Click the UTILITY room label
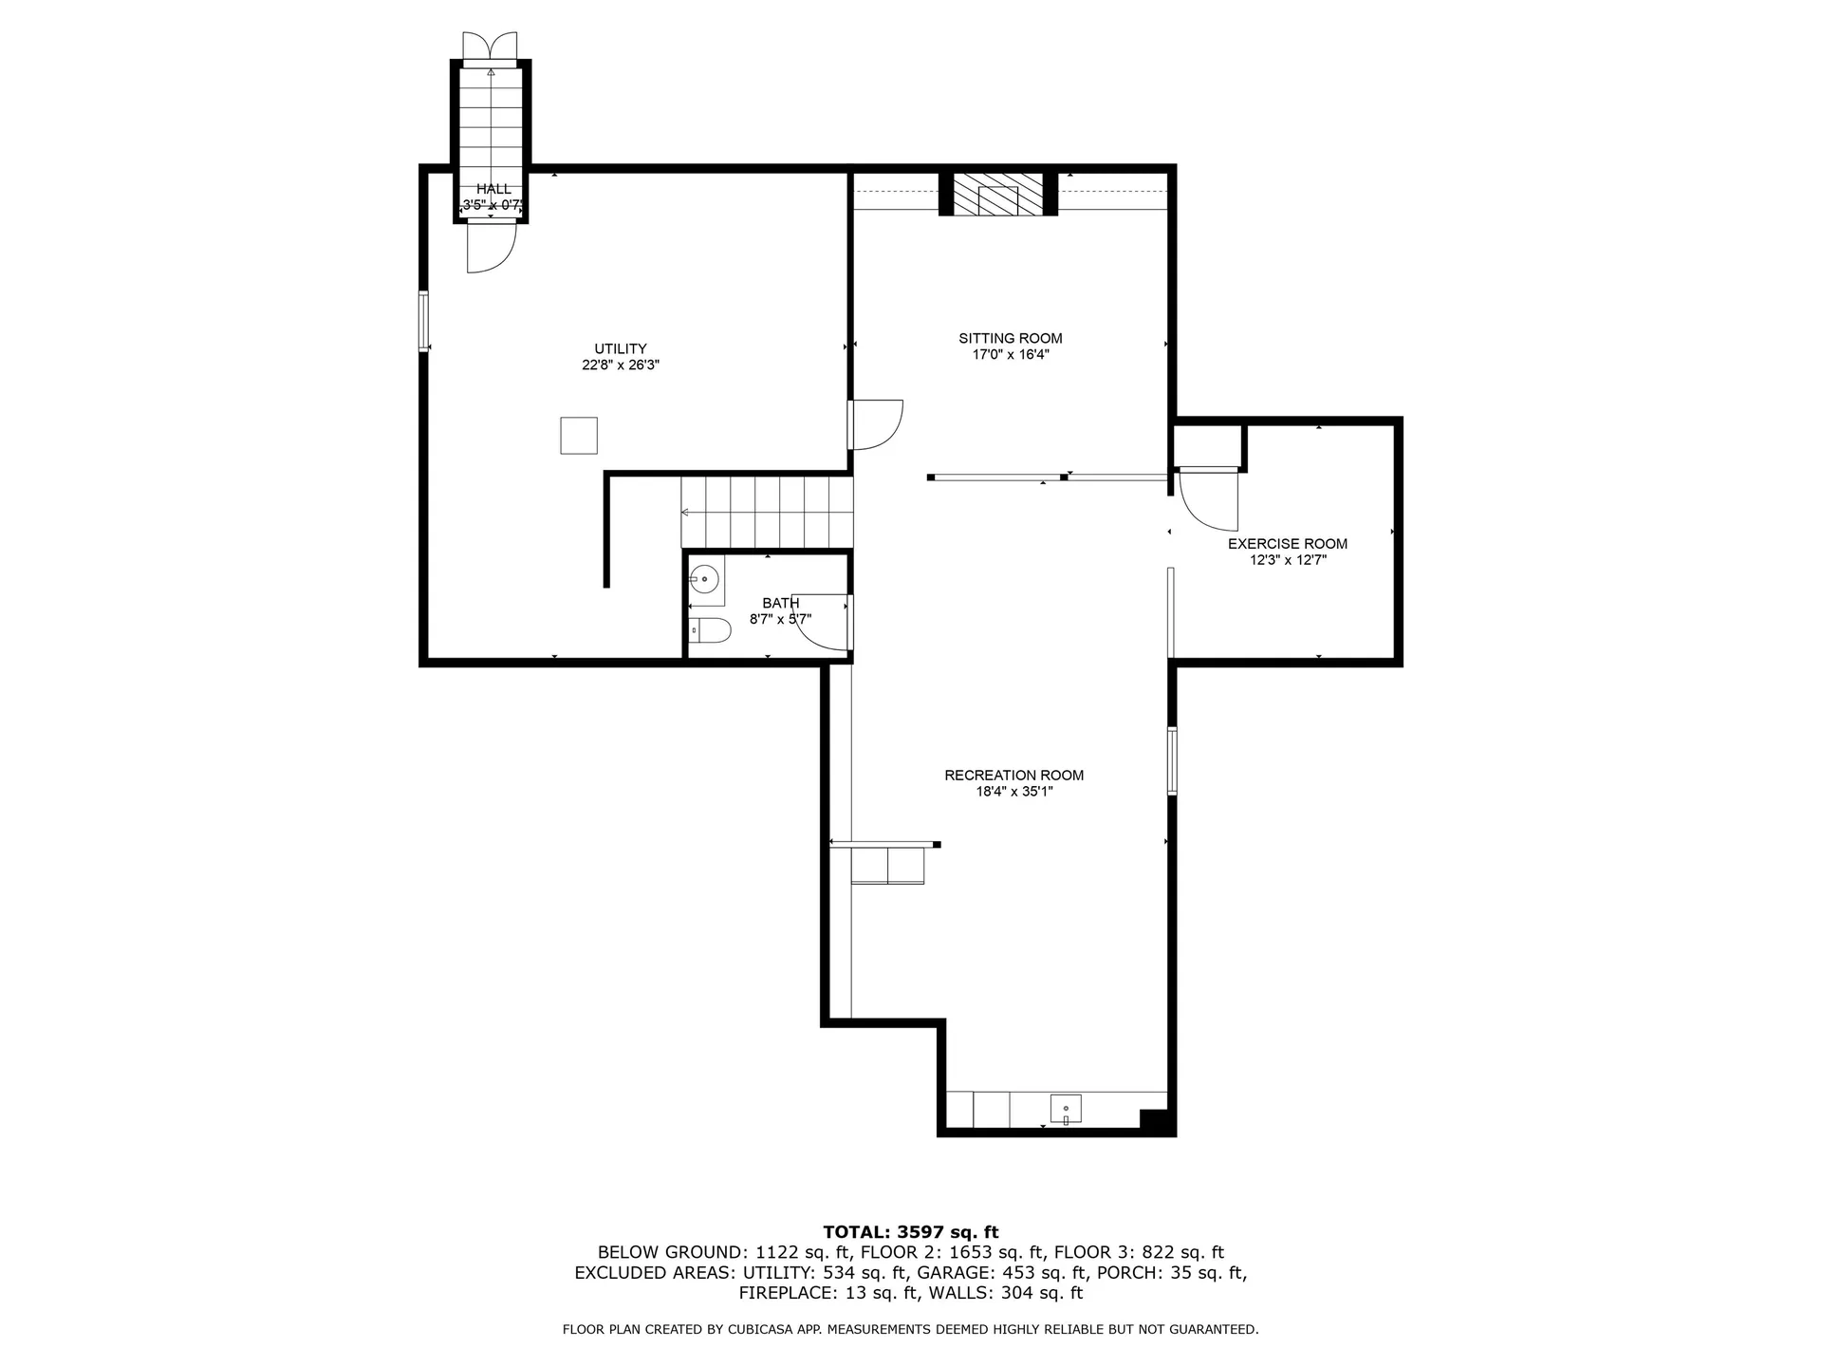click(x=621, y=348)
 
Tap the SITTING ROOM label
click(x=1011, y=338)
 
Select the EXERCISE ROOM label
click(x=1288, y=544)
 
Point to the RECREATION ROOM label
click(x=1014, y=776)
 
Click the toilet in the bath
click(x=709, y=630)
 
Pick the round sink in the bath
click(x=704, y=578)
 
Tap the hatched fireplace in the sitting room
click(x=997, y=195)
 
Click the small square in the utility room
click(x=579, y=436)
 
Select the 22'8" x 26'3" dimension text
click(x=621, y=365)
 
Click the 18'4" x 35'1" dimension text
click(x=1014, y=792)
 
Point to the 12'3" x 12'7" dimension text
click(x=1288, y=560)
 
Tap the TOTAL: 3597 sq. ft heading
click(x=911, y=1232)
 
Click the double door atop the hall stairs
click(x=491, y=46)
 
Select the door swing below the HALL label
click(x=491, y=247)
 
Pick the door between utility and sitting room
click(x=876, y=424)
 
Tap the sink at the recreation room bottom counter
click(x=1066, y=1109)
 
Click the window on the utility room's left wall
click(x=424, y=322)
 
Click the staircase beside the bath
click(x=767, y=512)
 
